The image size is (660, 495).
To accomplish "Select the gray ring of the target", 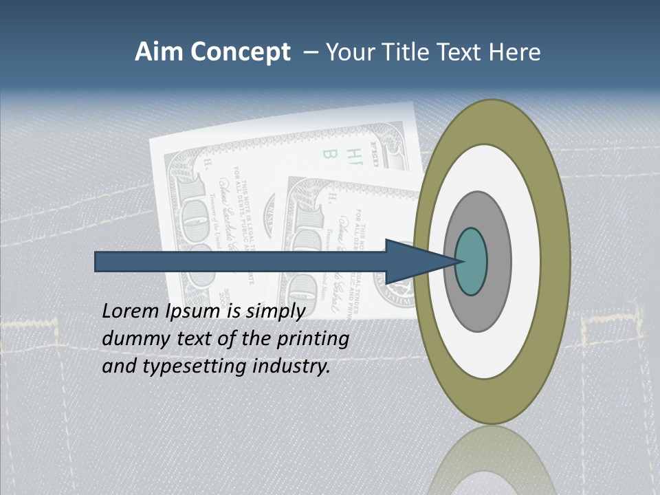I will point(498,262).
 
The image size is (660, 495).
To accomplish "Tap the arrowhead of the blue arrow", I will point(412,262).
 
